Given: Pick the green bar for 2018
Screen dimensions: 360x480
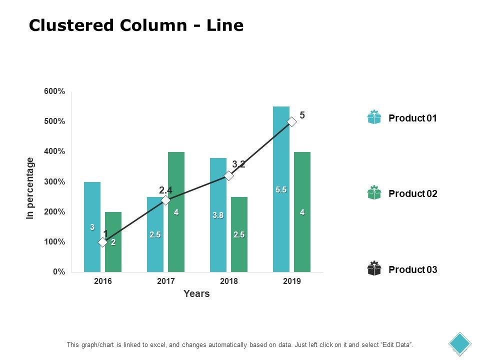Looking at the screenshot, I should click(x=239, y=250).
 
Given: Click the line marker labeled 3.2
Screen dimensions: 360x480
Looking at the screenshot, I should click(x=229, y=175).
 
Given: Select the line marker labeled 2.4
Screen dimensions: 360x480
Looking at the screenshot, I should click(x=166, y=200).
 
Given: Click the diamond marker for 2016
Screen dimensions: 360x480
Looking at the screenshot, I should click(x=102, y=242).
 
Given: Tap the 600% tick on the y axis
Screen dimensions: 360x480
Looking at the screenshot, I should click(x=54, y=91).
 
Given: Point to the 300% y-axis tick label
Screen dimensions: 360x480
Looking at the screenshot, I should click(x=54, y=181).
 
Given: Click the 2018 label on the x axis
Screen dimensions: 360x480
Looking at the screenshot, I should click(x=229, y=281).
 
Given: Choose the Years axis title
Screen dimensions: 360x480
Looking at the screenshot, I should click(x=196, y=294).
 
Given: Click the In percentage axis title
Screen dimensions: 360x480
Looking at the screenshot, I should click(x=31, y=188).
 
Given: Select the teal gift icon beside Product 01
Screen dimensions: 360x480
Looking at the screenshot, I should click(x=374, y=117).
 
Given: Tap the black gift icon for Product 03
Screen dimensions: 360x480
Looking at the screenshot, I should click(x=374, y=268).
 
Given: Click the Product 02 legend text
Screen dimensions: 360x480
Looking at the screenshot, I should click(x=412, y=194).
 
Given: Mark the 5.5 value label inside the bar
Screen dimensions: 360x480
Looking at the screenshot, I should click(x=281, y=190).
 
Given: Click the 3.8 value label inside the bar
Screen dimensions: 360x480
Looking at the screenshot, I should click(x=218, y=215).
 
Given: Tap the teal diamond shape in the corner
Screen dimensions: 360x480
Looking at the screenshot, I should click(x=460, y=343).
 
